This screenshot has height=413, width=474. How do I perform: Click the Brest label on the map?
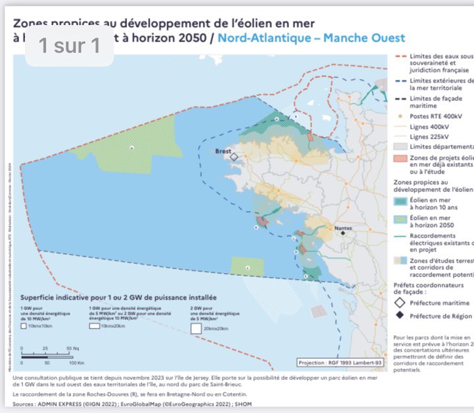(223, 151)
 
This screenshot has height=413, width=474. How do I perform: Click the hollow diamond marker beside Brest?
(234, 157)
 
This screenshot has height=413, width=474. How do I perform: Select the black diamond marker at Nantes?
(342, 234)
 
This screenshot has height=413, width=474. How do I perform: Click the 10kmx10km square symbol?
(24, 326)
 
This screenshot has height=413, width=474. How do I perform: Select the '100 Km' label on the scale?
(76, 363)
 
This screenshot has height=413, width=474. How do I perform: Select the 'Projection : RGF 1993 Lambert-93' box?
(339, 363)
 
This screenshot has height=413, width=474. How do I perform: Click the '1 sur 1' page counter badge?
(69, 46)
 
